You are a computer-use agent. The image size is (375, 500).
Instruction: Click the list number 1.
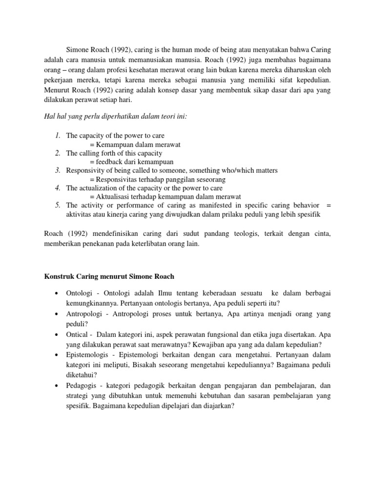[57, 135]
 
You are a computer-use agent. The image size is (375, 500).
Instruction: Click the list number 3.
[57, 170]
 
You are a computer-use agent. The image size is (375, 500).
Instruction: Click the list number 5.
[57, 206]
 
